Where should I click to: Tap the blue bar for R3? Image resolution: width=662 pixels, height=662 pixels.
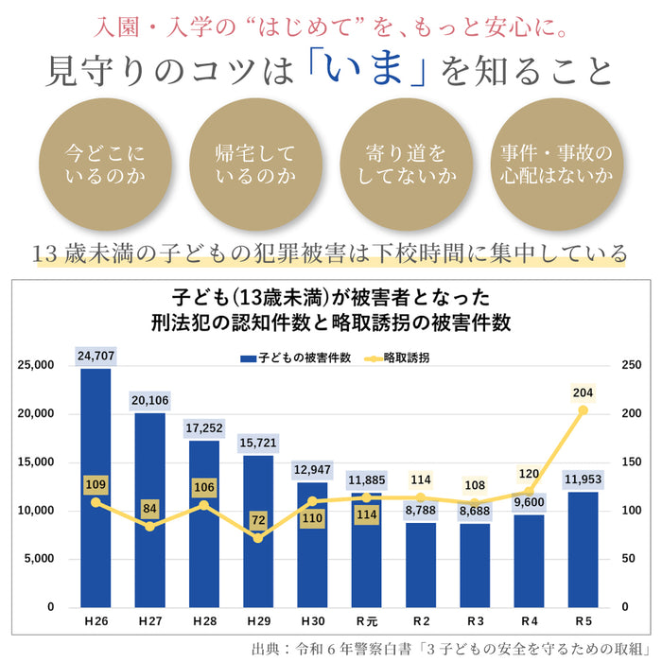tap(474, 565)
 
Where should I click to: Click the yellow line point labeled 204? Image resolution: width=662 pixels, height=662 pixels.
tap(583, 409)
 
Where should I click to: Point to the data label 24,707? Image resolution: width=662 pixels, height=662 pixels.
tap(96, 357)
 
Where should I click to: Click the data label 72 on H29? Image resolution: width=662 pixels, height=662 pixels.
tap(257, 520)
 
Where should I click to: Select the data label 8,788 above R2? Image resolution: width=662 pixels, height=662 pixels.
tap(420, 512)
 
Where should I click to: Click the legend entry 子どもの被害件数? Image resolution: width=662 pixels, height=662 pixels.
tap(297, 358)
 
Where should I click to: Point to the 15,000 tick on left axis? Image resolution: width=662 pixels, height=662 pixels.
tap(37, 462)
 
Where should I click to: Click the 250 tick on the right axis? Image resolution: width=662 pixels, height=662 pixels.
tap(631, 365)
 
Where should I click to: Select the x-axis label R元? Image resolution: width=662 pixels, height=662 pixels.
tap(366, 621)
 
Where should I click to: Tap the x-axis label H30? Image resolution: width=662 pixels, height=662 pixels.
tap(312, 621)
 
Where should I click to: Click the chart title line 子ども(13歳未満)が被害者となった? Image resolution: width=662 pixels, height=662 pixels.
tap(331, 297)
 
